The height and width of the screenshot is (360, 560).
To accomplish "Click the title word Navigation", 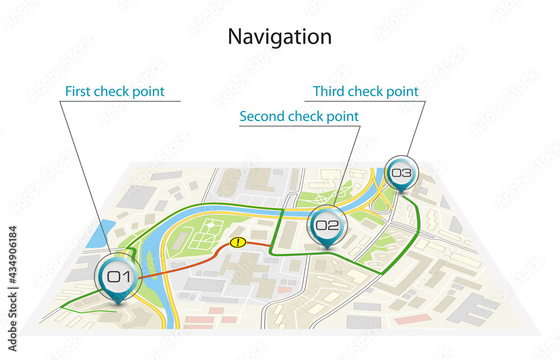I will click(279, 37).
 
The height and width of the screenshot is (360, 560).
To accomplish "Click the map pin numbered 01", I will click(118, 277).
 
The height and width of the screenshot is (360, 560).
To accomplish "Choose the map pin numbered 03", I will click(401, 173).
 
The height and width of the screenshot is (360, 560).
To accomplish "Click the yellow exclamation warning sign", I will click(238, 242).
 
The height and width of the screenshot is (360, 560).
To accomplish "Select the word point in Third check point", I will click(402, 91).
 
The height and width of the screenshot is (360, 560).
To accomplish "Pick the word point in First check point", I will click(148, 91).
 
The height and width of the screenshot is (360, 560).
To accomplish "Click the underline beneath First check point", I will click(120, 101).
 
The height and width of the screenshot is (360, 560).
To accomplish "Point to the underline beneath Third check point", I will click(364, 101).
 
